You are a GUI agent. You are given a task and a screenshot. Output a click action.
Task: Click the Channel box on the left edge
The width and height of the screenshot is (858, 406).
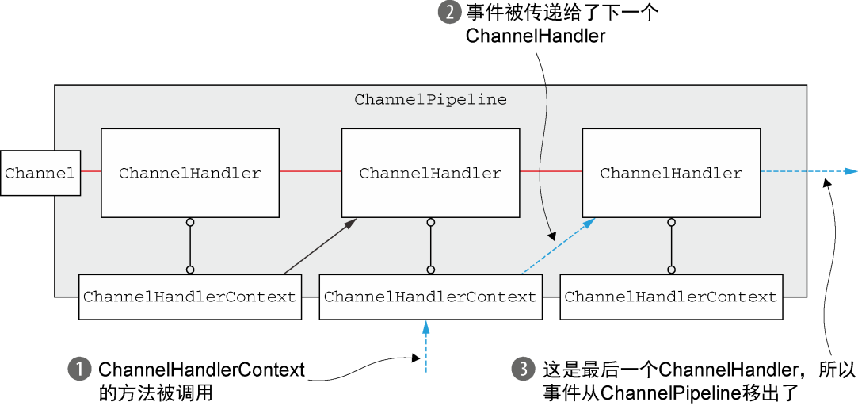click(40, 173)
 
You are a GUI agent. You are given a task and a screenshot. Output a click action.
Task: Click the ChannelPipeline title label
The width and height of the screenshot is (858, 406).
click(430, 100)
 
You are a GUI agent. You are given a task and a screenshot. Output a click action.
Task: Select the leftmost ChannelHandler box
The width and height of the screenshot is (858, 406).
click(190, 173)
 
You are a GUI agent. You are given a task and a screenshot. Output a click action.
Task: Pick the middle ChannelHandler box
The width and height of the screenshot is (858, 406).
click(431, 173)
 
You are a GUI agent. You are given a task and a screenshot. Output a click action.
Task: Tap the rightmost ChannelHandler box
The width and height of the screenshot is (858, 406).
click(671, 173)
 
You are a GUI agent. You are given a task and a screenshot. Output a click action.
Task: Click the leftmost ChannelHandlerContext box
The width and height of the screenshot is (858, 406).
click(190, 297)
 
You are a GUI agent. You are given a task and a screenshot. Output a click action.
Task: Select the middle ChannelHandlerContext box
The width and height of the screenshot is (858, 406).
click(431, 297)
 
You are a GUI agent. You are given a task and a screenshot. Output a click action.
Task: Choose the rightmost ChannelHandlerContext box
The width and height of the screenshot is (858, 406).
click(671, 297)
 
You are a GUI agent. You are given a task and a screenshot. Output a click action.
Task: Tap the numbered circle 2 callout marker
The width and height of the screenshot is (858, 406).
click(447, 12)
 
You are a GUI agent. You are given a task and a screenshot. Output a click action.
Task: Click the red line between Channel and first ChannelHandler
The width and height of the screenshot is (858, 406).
click(91, 171)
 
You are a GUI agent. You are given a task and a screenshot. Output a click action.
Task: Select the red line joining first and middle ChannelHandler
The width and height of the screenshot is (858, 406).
click(311, 171)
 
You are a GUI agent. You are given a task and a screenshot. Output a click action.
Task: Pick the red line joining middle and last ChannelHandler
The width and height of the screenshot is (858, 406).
click(551, 171)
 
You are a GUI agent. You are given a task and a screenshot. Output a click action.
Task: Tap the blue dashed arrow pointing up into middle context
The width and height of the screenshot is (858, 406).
click(425, 347)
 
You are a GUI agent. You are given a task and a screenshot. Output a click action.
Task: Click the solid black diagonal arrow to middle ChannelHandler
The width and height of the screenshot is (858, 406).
click(320, 246)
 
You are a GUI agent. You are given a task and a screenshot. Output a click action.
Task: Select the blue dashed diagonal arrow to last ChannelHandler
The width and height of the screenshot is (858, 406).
click(559, 246)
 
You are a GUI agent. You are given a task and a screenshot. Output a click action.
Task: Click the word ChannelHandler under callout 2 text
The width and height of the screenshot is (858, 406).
click(536, 36)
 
